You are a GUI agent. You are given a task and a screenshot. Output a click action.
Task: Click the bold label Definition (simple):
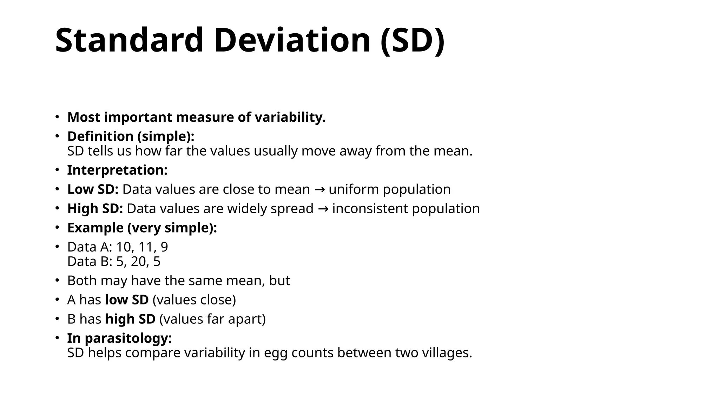131,136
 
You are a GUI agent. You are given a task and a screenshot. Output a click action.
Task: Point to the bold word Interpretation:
117,170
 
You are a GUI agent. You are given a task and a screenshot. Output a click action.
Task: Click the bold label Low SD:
93,189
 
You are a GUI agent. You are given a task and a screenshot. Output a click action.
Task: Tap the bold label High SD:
95,209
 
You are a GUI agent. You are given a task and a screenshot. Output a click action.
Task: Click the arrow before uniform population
319,190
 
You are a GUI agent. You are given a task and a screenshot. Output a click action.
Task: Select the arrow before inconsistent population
323,209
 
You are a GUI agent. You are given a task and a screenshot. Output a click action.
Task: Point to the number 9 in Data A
164,247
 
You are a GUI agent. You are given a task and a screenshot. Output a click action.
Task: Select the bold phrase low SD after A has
127,300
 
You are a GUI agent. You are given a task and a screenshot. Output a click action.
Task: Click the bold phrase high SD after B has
130,319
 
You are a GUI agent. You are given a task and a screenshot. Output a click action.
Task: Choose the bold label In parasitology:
119,338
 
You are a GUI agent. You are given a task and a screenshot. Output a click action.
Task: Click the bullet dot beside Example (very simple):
57,228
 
